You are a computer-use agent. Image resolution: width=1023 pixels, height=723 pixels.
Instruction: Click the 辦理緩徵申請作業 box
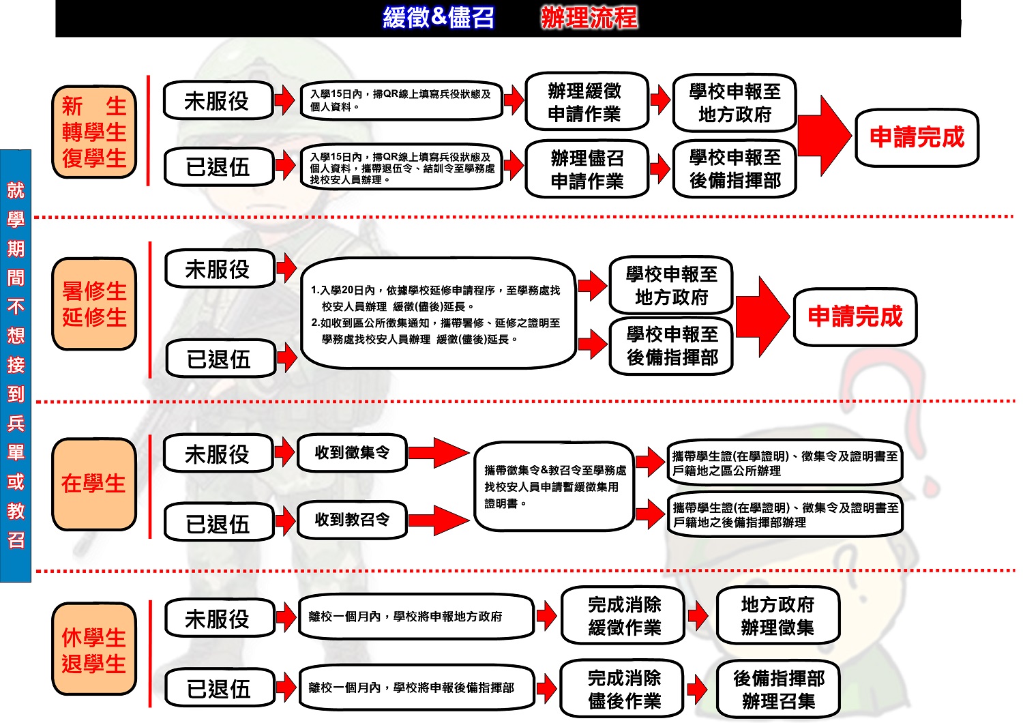coord(586,102)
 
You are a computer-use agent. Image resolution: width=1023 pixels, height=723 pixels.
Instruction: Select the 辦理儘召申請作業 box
coord(587,169)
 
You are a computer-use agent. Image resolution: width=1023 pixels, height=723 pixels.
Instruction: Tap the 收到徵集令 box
coord(352,453)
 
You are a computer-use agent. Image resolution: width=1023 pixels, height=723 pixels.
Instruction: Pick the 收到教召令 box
coord(352,520)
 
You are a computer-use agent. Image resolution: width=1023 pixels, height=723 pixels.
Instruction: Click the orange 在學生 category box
coord(94,484)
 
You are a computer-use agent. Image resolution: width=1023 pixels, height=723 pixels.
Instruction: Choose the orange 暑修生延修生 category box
coord(94,304)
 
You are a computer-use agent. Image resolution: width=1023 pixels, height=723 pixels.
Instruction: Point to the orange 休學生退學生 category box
coord(94,649)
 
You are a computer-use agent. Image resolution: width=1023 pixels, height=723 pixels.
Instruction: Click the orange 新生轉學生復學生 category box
coord(94,132)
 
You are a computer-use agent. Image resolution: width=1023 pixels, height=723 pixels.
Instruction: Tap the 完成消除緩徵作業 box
coord(623,615)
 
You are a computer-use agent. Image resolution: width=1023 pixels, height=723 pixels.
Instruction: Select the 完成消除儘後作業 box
coord(623,689)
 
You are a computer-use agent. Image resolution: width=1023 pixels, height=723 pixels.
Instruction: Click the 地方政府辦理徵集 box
coord(777,615)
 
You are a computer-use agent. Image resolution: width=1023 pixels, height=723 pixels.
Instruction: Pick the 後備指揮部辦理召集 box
coord(778,689)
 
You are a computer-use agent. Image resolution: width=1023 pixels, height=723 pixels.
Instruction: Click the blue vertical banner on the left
coord(16,366)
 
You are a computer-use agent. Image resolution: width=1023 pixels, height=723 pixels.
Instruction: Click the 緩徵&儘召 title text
coord(438,18)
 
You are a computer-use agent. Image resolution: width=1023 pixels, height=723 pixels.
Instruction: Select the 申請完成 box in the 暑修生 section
coord(855,316)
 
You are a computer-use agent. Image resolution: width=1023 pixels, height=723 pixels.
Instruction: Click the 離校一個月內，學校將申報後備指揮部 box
coord(415,688)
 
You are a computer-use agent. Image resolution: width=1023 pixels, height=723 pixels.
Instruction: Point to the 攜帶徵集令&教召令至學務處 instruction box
coord(554,486)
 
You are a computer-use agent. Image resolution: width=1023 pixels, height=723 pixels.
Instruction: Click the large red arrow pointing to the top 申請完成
coord(825,136)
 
